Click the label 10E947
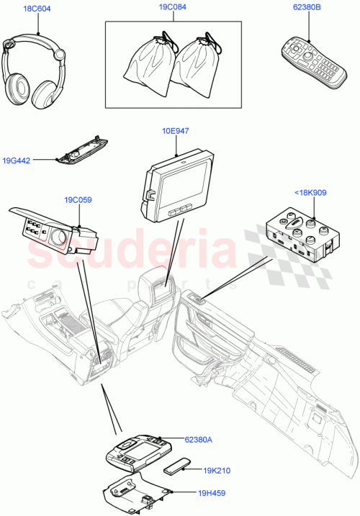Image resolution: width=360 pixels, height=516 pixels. click(x=176, y=131)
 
